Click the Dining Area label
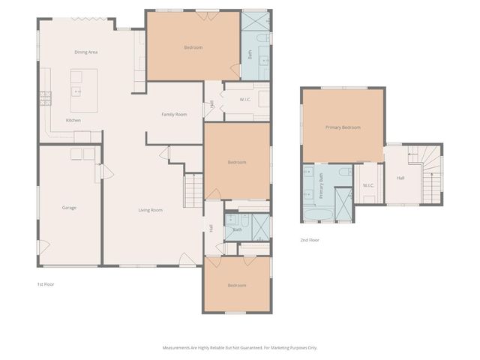(86, 52)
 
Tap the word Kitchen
(73, 120)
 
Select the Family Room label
(174, 114)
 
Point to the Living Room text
(150, 210)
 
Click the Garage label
(68, 208)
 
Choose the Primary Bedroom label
(343, 127)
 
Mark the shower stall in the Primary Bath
(343, 204)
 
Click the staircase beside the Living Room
(193, 188)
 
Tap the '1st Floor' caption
(46, 284)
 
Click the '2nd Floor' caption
(309, 240)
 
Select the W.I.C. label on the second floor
(368, 185)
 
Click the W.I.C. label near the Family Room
(245, 99)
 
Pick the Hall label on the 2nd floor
(400, 178)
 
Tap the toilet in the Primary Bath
(343, 172)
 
